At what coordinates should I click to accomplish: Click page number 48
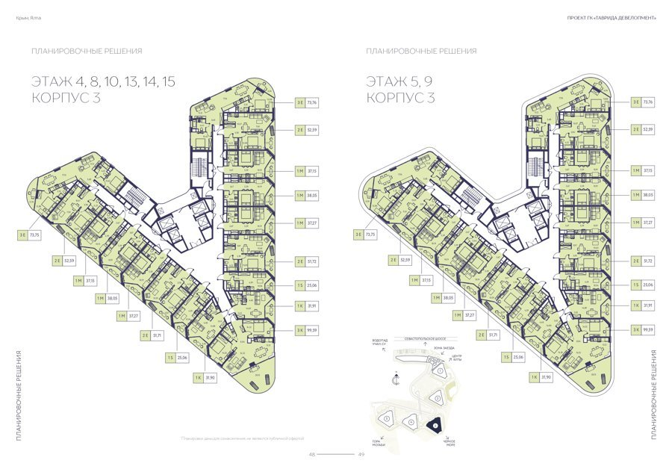pyautogui.click(x=313, y=453)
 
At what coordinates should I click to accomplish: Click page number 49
pyautogui.click(x=361, y=453)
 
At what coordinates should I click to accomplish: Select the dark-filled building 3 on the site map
pyautogui.click(x=435, y=425)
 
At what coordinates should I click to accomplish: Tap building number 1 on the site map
pyautogui.click(x=441, y=370)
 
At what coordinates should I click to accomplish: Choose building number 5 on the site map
pyautogui.click(x=386, y=419)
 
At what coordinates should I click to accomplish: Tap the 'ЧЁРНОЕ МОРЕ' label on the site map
pyautogui.click(x=449, y=442)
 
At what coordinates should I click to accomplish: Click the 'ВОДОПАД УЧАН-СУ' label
pyautogui.click(x=379, y=343)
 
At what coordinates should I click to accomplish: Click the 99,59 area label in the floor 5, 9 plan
pyautogui.click(x=647, y=329)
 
